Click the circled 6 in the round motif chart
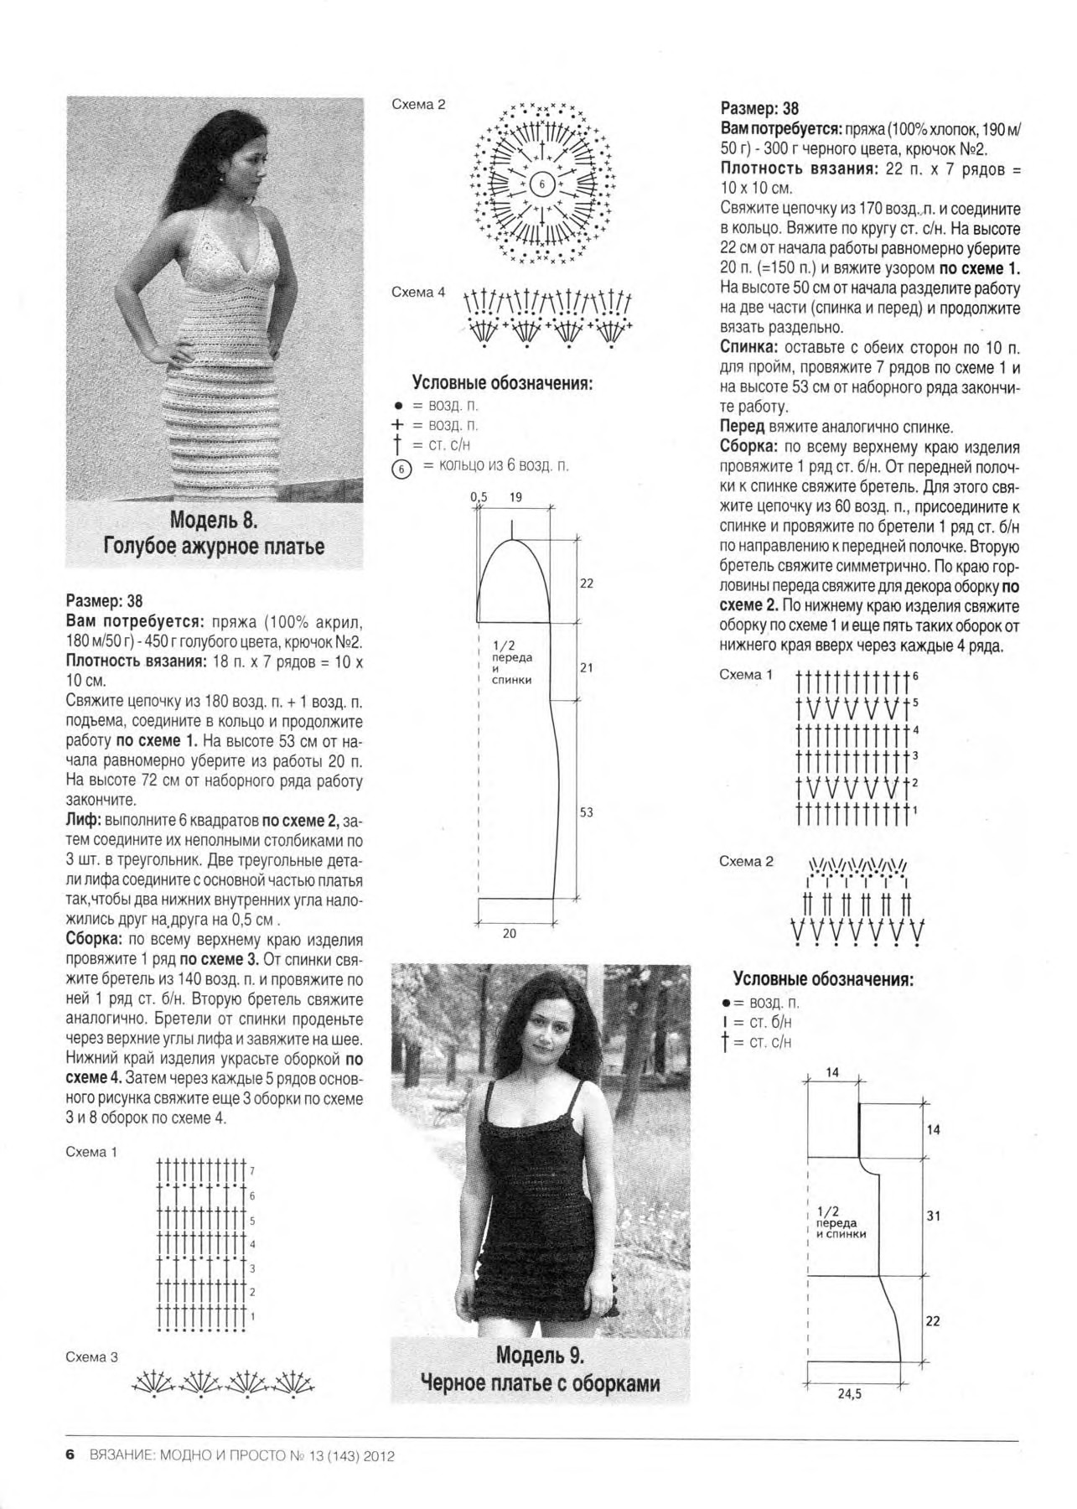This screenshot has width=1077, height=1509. pyautogui.click(x=541, y=184)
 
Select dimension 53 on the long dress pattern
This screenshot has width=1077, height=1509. pyautogui.click(x=586, y=812)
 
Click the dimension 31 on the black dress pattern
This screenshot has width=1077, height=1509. pyautogui.click(x=933, y=1215)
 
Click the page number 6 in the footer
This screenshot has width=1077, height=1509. pyautogui.click(x=70, y=1455)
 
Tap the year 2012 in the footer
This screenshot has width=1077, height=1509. pyautogui.click(x=378, y=1456)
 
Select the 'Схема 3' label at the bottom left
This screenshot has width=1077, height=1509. pyautogui.click(x=91, y=1357)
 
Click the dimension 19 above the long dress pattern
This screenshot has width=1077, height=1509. pyautogui.click(x=515, y=497)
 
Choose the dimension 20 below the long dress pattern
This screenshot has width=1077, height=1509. pyautogui.click(x=510, y=933)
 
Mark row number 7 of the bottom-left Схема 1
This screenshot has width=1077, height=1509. pyautogui.click(x=252, y=1170)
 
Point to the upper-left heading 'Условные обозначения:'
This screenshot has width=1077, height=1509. pyautogui.click(x=502, y=383)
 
